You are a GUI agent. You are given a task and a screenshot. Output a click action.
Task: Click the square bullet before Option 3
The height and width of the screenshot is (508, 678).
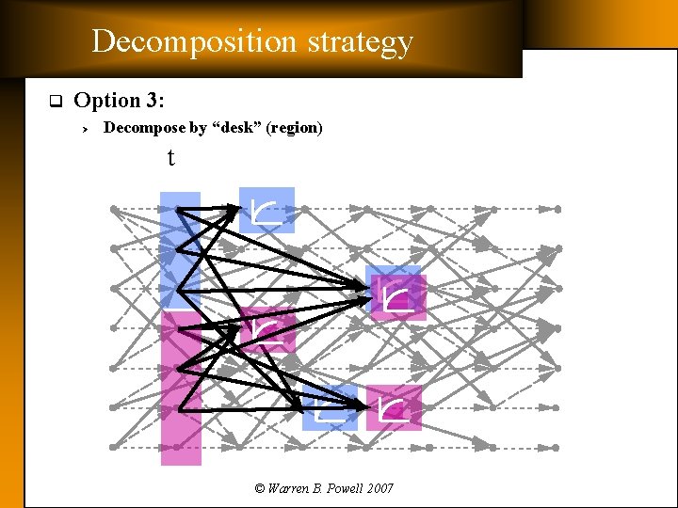tap(55, 101)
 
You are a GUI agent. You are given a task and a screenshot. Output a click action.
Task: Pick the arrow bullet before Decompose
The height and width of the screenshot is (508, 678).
tap(84, 128)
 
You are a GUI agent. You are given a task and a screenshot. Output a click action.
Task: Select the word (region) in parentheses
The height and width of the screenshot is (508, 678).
tap(295, 127)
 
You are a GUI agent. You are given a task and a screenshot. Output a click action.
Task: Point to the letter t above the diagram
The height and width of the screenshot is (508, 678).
tap(170, 158)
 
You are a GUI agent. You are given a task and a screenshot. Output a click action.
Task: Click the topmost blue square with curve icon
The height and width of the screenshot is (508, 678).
tap(266, 210)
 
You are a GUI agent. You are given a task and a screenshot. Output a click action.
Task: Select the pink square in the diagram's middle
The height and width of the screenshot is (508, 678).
tap(267, 329)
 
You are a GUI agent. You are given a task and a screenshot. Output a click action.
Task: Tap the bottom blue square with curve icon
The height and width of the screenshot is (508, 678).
tap(330, 408)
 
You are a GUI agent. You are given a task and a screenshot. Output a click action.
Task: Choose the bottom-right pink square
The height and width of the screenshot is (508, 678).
tap(393, 407)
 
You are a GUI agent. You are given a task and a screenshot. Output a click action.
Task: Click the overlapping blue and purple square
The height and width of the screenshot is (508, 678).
tap(395, 294)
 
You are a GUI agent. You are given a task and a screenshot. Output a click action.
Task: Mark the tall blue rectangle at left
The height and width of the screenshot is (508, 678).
tap(180, 249)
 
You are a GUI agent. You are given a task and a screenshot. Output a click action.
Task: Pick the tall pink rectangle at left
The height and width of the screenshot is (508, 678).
tap(181, 388)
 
